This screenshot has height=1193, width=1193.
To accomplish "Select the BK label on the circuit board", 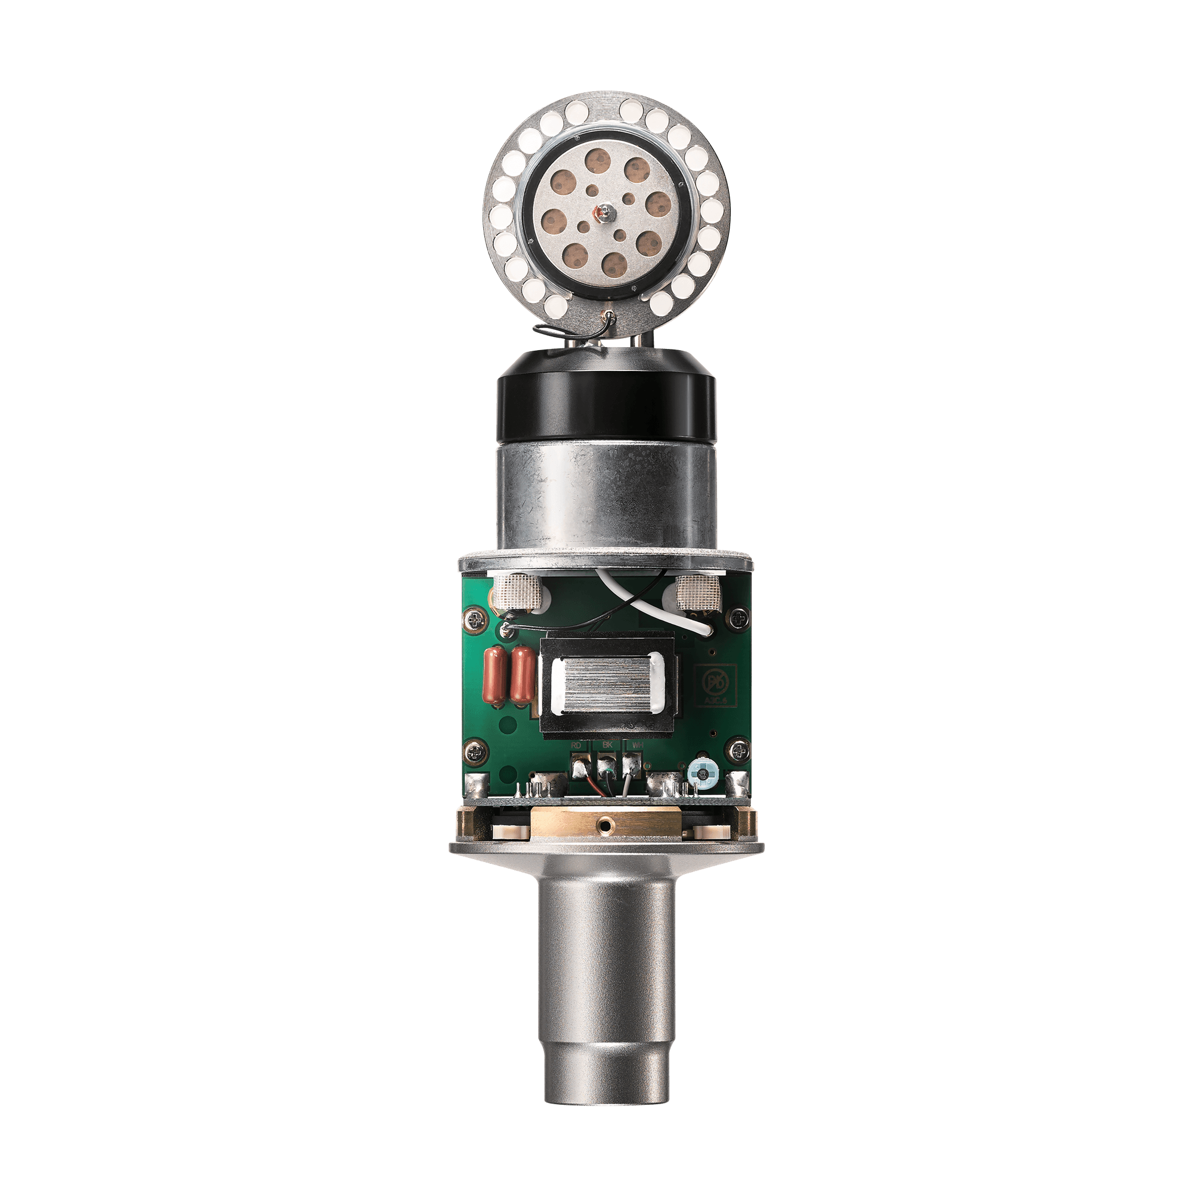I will [x=607, y=746].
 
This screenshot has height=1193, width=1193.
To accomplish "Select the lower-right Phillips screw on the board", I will [x=738, y=752].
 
